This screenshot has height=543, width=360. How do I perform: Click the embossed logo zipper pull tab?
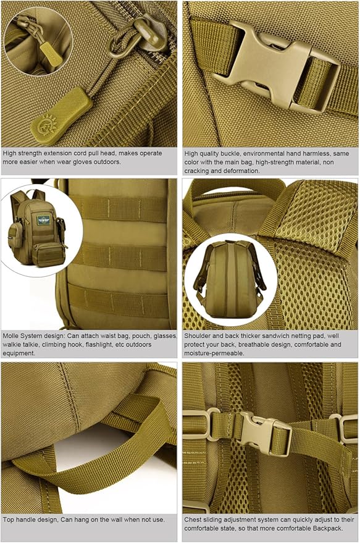coord(61,116)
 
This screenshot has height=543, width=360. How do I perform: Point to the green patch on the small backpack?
coord(44,219)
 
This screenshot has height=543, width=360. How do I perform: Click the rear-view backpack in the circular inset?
coord(230,278)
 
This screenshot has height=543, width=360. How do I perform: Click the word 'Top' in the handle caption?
coord(8,520)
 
